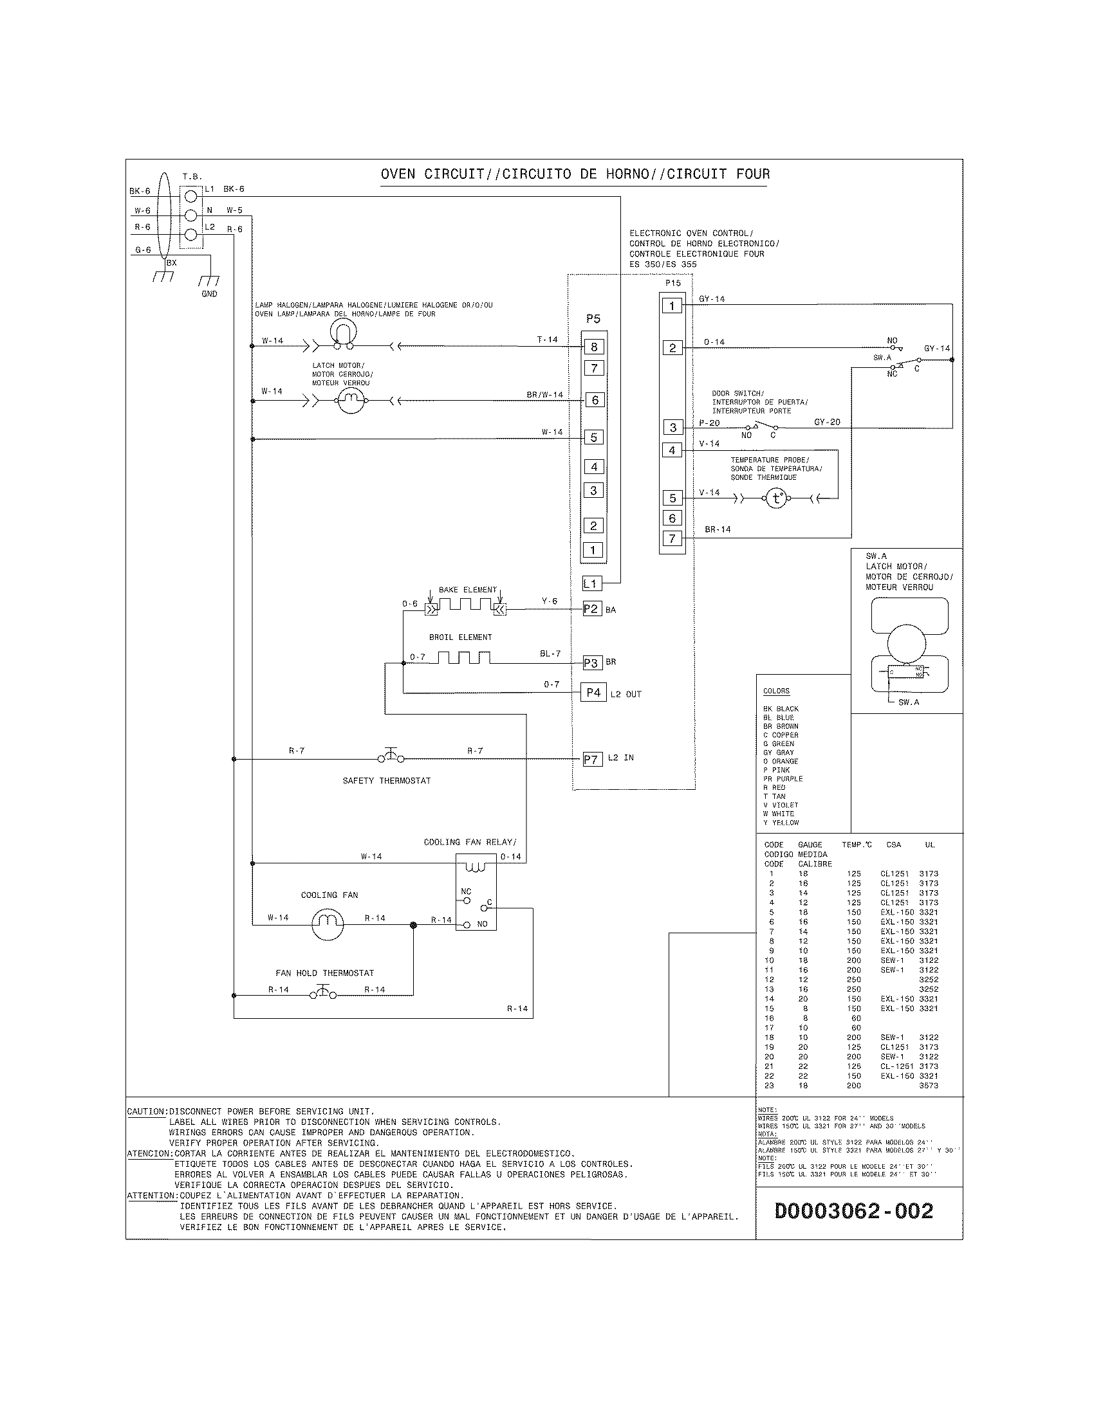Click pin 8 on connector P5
593,347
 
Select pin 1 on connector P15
672,306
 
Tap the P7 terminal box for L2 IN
591,760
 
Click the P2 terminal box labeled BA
591,609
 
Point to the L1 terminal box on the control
590,584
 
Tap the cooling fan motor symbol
328,924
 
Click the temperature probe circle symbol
777,498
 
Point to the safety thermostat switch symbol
391,756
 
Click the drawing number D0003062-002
853,1210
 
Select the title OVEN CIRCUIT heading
575,174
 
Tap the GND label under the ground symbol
209,294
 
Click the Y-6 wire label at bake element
550,601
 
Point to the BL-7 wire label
550,653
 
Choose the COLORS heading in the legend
776,691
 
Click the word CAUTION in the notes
147,1112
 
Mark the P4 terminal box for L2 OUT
593,693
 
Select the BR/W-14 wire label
544,394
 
